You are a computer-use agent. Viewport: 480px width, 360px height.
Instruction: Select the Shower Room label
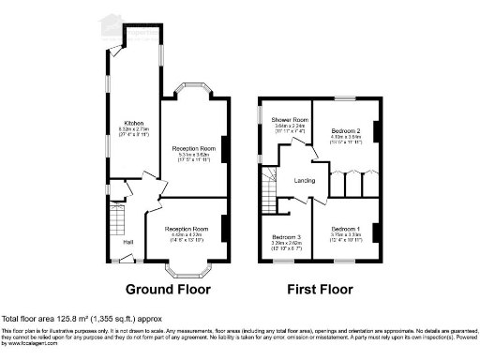pyautogui.click(x=291, y=120)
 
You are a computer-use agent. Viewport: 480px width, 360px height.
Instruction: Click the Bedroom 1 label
pyautogui.click(x=345, y=229)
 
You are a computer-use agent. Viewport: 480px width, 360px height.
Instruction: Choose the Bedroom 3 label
pyautogui.click(x=286, y=237)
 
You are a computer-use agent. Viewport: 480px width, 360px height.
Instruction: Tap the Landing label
pyautogui.click(x=304, y=180)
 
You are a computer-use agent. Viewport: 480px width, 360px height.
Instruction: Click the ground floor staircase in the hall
pyautogui.click(x=117, y=223)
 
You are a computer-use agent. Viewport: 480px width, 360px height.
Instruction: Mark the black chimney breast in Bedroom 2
pyautogui.click(x=377, y=131)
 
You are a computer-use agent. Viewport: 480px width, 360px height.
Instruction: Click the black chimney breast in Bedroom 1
pyautogui.click(x=377, y=229)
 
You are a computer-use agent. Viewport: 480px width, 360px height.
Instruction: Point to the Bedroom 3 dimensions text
pyautogui.click(x=286, y=247)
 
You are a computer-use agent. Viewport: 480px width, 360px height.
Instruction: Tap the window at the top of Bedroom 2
pyautogui.click(x=346, y=97)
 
